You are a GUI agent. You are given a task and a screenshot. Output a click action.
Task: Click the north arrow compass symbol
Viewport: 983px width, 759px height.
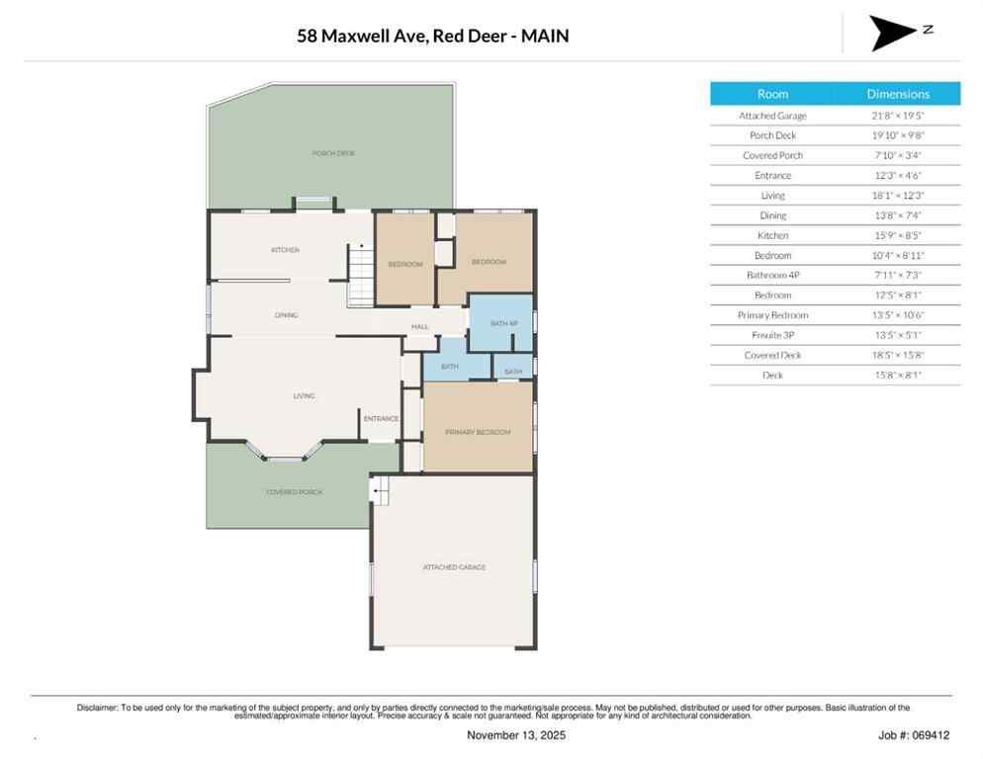pyautogui.click(x=894, y=33)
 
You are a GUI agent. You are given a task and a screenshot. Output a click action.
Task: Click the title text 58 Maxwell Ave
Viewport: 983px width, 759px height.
pyautogui.click(x=432, y=37)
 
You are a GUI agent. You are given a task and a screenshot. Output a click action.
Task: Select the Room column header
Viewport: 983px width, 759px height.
pyautogui.click(x=772, y=94)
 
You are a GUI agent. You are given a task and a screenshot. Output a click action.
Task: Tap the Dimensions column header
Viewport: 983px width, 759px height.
pyautogui.click(x=898, y=94)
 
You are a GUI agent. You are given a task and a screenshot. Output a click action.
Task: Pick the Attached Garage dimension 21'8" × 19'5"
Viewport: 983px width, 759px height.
pyautogui.click(x=898, y=116)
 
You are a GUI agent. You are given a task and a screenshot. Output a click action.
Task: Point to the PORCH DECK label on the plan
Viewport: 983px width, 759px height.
pyautogui.click(x=332, y=153)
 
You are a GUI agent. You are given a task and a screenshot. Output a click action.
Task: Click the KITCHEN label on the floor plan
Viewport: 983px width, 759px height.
pyautogui.click(x=285, y=250)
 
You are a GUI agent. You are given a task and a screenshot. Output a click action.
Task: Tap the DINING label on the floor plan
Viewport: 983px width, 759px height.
pyautogui.click(x=287, y=315)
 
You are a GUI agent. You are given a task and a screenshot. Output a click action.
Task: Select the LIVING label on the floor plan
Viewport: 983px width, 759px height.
pyautogui.click(x=304, y=396)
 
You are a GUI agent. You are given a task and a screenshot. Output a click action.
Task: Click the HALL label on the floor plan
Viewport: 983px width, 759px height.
pyautogui.click(x=420, y=326)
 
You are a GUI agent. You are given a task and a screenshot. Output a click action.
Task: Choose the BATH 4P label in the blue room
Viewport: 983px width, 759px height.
pyautogui.click(x=504, y=323)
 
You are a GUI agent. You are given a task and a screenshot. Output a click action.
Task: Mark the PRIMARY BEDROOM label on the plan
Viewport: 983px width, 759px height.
pyautogui.click(x=478, y=433)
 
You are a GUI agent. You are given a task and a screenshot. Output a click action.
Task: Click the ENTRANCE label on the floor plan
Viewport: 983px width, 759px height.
pyautogui.click(x=381, y=419)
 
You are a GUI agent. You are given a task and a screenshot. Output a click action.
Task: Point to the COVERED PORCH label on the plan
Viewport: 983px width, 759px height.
pyautogui.click(x=294, y=492)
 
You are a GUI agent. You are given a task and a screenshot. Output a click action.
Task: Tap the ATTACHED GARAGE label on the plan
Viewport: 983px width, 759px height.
pyautogui.click(x=454, y=567)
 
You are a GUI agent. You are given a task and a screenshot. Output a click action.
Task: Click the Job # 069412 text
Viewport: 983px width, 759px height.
pyautogui.click(x=914, y=735)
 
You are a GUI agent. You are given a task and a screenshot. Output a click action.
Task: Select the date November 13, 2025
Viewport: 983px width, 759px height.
pyautogui.click(x=516, y=735)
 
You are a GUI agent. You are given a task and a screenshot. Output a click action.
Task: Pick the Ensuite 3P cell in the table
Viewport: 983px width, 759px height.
pyautogui.click(x=772, y=335)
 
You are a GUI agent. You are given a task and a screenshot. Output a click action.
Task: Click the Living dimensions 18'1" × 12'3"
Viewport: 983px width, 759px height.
pyautogui.click(x=898, y=196)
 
